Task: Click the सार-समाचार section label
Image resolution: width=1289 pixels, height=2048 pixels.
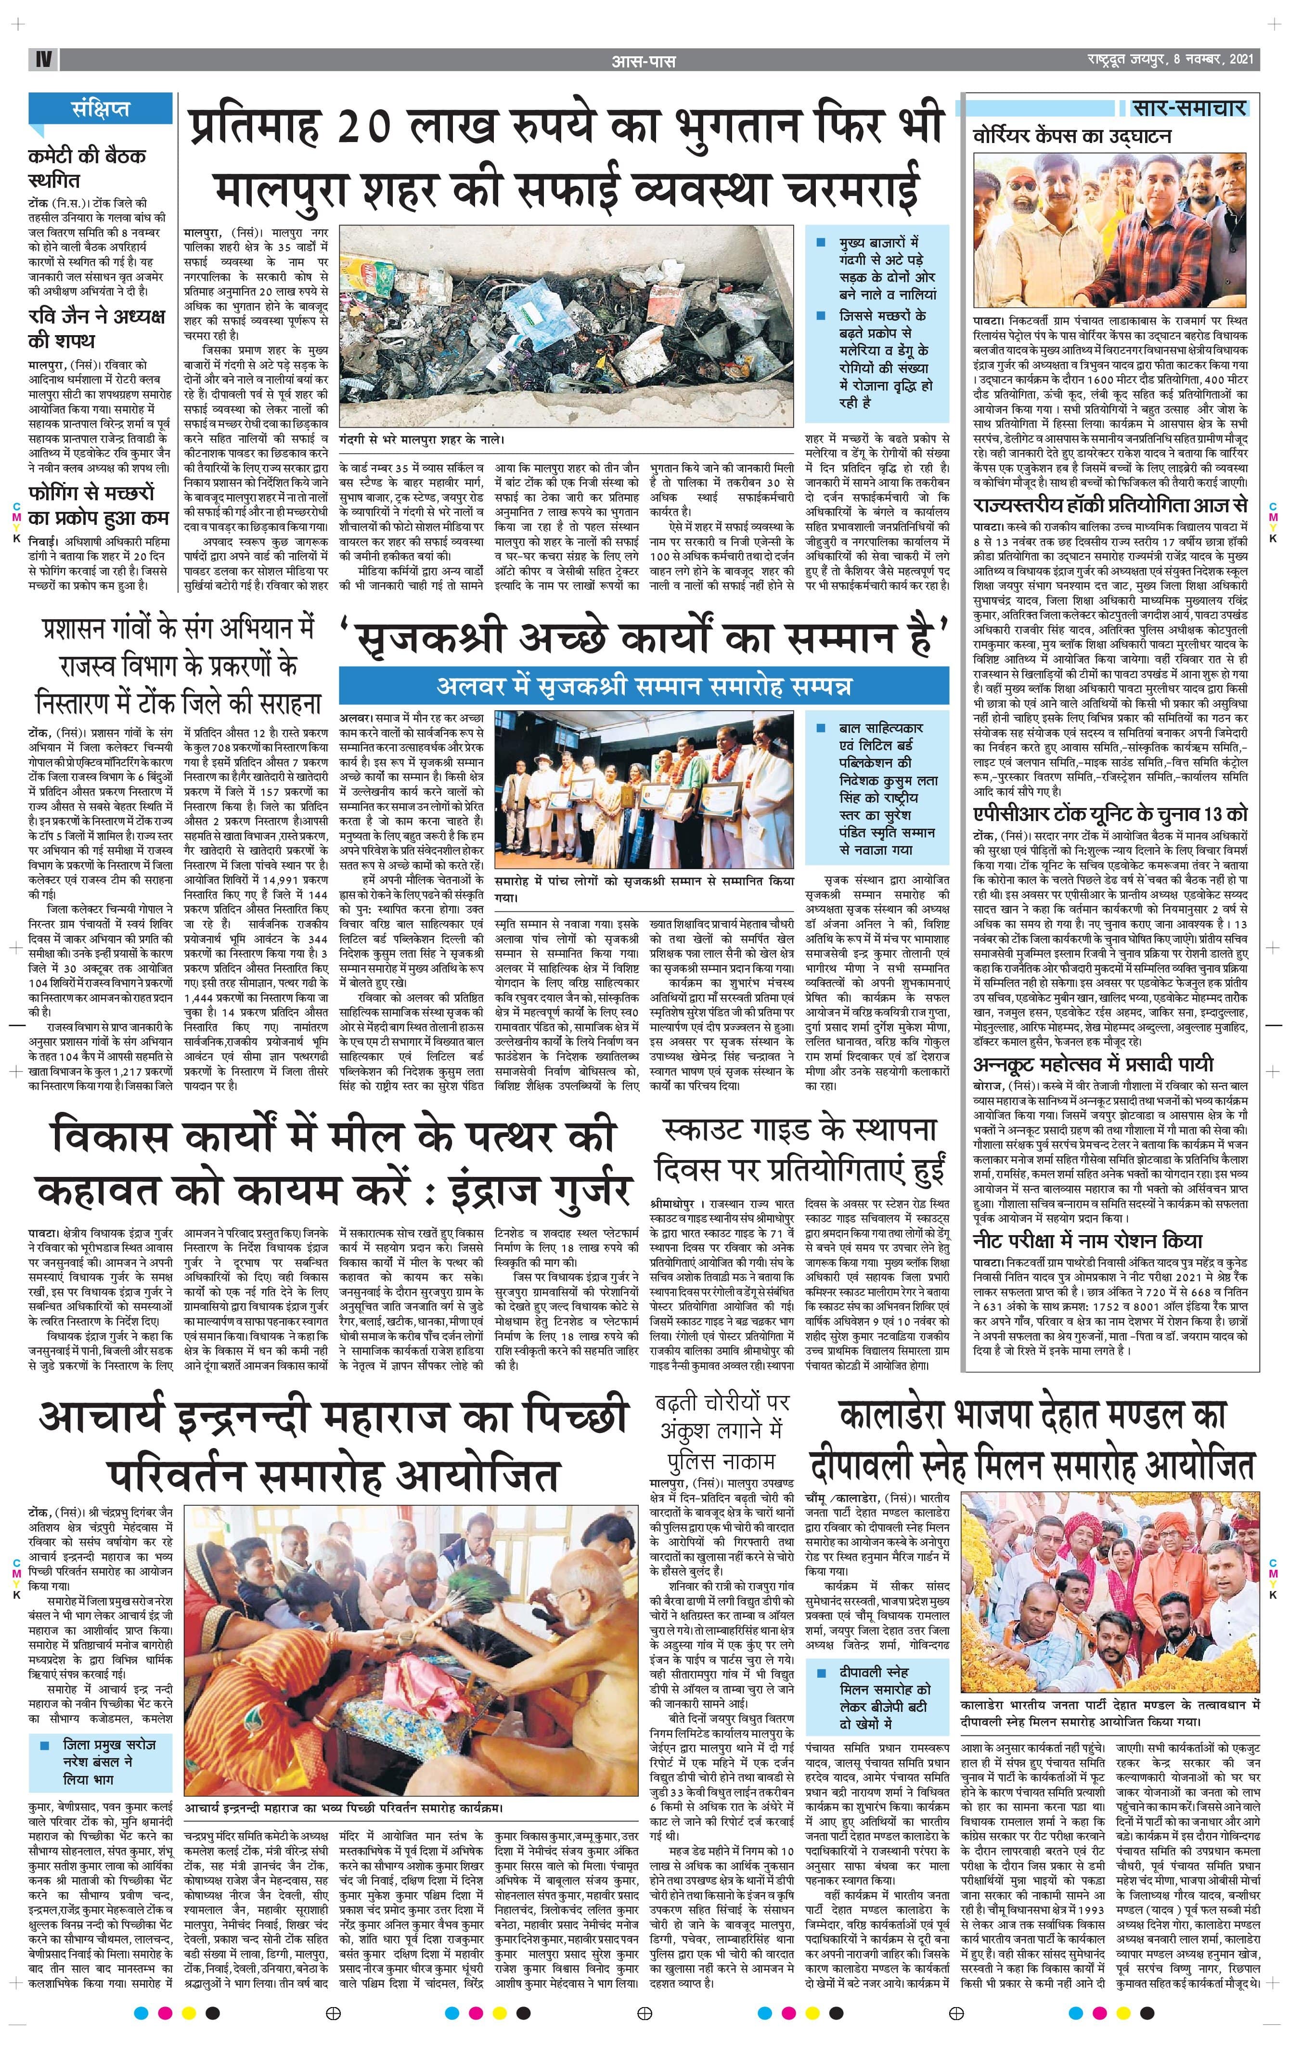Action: coord(1189,108)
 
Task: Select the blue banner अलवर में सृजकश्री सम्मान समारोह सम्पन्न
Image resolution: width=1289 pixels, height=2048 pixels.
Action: coord(644,686)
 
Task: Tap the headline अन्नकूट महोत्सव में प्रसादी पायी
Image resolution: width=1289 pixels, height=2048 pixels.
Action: coord(1093,1064)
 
